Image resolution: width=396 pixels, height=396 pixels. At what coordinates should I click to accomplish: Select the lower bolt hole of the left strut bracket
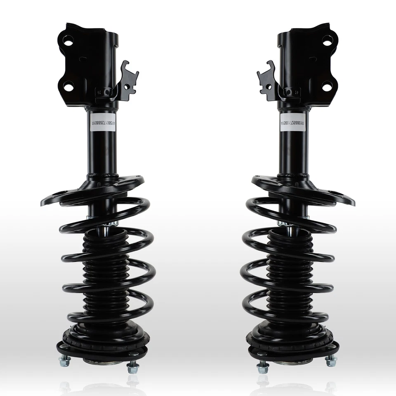[68, 87]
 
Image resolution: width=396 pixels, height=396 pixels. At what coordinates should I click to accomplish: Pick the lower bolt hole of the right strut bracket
[327, 87]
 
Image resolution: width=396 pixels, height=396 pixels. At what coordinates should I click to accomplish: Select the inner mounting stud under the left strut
[132, 366]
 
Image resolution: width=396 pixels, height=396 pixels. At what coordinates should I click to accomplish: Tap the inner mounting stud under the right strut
[262, 366]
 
